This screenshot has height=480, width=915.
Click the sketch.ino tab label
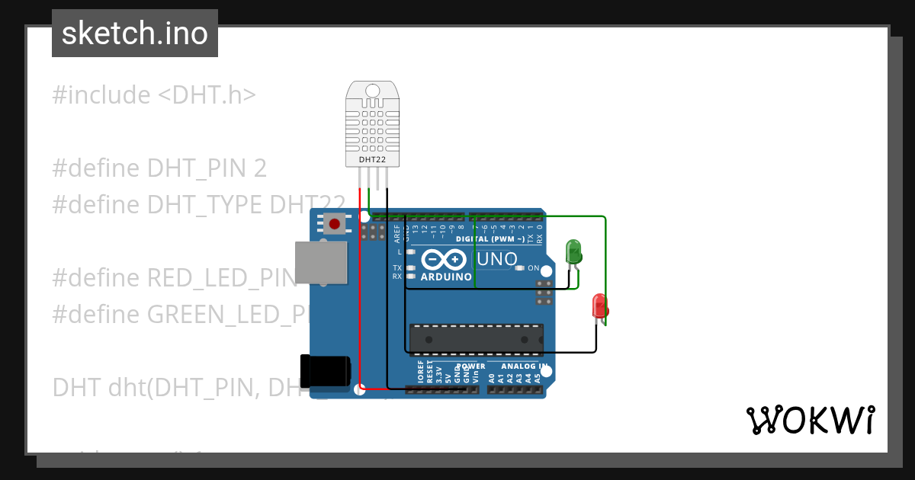135,34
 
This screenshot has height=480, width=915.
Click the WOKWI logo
810,420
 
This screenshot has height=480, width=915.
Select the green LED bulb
573,251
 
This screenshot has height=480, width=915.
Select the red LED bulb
600,306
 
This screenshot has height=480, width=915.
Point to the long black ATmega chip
477,339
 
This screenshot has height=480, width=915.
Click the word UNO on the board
496,259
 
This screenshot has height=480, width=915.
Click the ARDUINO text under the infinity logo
446,277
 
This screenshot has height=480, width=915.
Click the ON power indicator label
534,268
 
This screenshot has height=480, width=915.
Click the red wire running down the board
361,305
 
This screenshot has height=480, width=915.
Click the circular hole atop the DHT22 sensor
373,91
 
